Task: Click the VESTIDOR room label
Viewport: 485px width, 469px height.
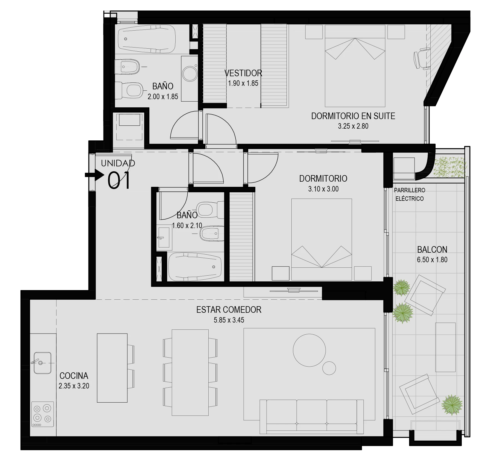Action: (243, 73)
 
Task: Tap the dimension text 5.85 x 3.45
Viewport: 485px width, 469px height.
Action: (229, 320)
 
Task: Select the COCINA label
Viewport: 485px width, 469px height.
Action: (74, 376)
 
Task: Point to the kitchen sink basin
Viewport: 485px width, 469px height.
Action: (42, 363)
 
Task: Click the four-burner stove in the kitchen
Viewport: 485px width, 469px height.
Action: (42, 414)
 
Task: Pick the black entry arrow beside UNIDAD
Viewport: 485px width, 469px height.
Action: (94, 175)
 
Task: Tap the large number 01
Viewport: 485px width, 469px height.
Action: (119, 181)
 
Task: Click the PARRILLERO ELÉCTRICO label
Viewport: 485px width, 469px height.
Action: (410, 194)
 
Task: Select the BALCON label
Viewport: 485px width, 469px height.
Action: (432, 250)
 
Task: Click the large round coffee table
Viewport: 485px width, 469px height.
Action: (309, 350)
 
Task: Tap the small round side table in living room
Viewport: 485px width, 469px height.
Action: (329, 368)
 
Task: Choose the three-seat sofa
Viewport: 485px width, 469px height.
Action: (312, 417)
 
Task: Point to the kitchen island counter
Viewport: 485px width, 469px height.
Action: (112, 368)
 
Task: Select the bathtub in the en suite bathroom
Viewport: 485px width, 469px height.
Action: (146, 39)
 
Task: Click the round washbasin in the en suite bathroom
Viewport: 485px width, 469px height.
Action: (190, 73)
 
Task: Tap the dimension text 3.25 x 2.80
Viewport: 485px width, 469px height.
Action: (353, 126)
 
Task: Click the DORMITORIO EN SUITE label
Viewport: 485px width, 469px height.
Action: (353, 116)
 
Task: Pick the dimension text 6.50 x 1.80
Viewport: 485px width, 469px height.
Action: (432, 260)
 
